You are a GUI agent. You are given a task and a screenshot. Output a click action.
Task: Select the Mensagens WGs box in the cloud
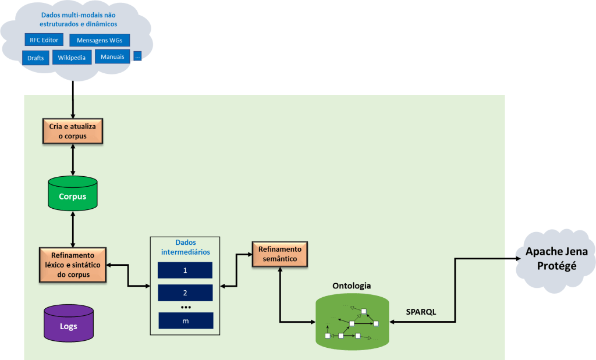pos(100,40)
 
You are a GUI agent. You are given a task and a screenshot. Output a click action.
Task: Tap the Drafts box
pos(36,58)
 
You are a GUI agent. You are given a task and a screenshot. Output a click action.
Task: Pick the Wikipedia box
pos(72,57)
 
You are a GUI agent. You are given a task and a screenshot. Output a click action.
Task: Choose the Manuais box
pos(112,56)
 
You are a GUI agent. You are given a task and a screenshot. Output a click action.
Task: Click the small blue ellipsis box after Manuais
pos(137,56)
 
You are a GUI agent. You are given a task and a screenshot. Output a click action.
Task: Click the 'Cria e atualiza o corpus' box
pos(73,131)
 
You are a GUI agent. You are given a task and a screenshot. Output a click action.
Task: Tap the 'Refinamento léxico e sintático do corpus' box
pos(73,265)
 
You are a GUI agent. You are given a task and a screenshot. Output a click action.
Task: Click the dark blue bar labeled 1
pos(185,270)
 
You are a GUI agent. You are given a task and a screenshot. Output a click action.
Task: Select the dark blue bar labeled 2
pos(185,293)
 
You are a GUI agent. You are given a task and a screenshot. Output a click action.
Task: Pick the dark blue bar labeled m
pos(186,320)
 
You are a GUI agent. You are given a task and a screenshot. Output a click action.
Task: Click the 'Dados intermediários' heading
pos(185,248)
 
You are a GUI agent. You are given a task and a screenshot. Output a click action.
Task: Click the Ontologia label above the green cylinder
pos(352,286)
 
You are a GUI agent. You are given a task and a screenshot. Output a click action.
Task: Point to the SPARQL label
pos(421,312)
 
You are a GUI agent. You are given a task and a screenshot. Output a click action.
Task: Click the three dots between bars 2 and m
pos(186,307)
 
